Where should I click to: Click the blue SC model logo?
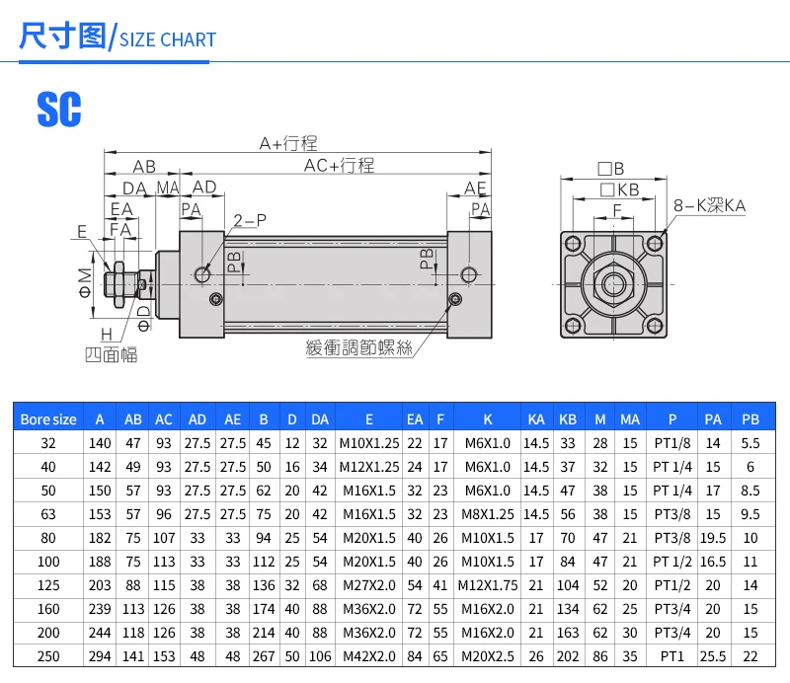coord(59,109)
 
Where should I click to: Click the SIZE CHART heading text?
coord(167,39)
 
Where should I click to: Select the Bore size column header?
coord(47,418)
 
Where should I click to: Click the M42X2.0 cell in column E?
coord(368,655)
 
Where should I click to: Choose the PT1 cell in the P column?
coord(671,655)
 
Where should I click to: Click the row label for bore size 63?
coord(47,513)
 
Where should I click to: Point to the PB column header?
coord(750,418)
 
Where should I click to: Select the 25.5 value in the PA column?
coord(713,655)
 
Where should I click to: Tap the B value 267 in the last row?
coord(264,655)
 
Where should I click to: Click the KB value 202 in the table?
coord(567,655)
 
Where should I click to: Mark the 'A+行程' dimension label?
coord(288,144)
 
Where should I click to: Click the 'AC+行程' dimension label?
coord(339,166)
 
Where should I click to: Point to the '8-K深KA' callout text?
coord(709,205)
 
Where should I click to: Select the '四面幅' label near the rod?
coord(111,353)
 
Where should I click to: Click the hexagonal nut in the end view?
coord(613,285)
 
